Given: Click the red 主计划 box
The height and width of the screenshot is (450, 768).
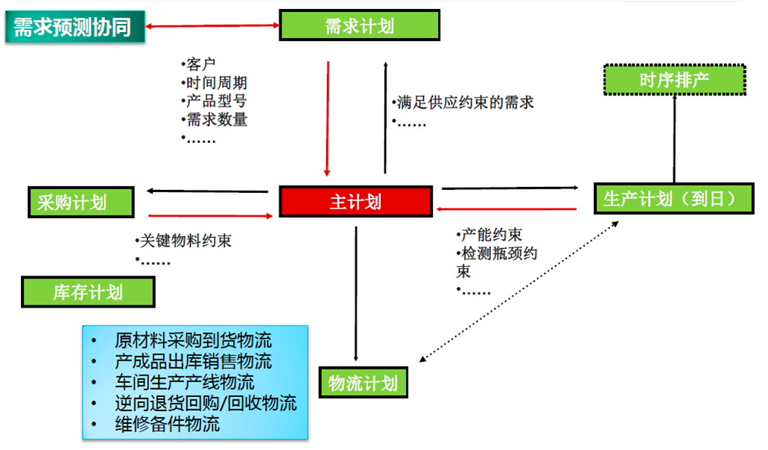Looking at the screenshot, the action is tap(355, 201).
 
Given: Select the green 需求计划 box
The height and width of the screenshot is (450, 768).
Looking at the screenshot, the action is tap(360, 25).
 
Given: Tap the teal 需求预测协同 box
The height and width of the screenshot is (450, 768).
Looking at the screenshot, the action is tap(75, 27).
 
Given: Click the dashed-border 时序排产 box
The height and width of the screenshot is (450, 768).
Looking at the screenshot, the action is tap(674, 79).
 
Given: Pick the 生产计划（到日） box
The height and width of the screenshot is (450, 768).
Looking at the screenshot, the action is tap(673, 199).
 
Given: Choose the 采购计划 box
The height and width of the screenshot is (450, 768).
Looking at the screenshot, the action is tap(80, 202).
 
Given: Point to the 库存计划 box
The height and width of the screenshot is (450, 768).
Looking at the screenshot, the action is tap(88, 292).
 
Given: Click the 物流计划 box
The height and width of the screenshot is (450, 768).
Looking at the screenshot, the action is tap(363, 382).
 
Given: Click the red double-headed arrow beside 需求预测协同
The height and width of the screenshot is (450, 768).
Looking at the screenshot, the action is tap(212, 25).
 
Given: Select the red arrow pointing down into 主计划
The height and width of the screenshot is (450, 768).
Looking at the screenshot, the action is tap(328, 118).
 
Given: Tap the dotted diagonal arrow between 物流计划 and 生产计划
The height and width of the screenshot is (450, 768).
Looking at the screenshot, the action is tap(519, 292).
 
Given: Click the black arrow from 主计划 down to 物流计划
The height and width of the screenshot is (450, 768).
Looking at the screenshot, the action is tap(356, 294).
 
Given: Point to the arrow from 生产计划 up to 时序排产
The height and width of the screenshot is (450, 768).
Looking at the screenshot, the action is tap(674, 139).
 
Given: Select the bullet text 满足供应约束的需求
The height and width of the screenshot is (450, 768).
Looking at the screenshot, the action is tap(466, 102).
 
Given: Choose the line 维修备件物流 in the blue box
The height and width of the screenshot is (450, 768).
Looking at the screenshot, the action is tap(167, 424).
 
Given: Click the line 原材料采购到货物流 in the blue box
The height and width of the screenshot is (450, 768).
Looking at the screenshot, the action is tap(193, 340).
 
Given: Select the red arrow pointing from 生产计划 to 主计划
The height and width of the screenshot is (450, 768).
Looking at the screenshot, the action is tap(507, 209).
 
